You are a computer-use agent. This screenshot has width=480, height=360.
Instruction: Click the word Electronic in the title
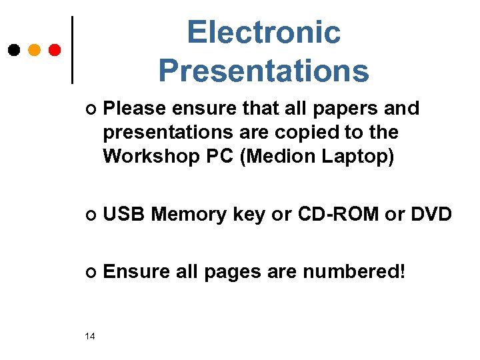point(263,32)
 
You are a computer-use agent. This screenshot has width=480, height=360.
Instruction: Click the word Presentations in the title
point(263,70)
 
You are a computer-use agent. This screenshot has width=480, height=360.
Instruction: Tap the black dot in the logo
point(14,50)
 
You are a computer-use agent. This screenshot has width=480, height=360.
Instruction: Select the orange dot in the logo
point(35,50)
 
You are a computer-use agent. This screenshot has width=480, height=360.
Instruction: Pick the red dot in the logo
point(55,50)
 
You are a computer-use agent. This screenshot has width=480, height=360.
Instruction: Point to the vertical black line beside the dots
point(72,50)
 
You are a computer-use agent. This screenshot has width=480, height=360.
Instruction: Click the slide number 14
point(90,335)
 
